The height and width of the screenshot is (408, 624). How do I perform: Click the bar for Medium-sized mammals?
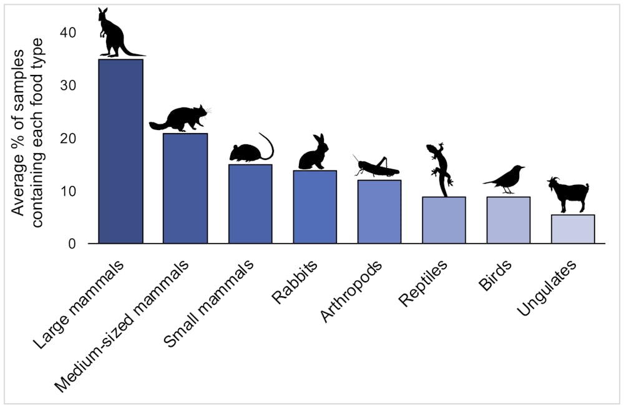click(x=185, y=188)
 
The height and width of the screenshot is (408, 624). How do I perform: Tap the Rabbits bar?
click(x=314, y=207)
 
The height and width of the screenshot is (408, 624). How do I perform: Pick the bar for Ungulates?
click(x=573, y=229)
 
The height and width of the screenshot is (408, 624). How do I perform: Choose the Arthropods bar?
click(x=379, y=211)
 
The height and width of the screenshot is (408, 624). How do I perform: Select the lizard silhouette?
click(x=440, y=167)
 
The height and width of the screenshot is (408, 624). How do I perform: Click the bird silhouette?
click(x=505, y=179)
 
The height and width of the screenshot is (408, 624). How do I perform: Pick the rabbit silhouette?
click(x=314, y=154)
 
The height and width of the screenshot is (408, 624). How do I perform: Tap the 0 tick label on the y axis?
click(x=73, y=244)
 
